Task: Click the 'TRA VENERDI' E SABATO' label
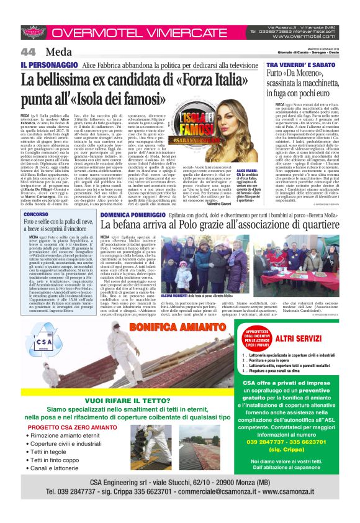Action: (300, 65)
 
